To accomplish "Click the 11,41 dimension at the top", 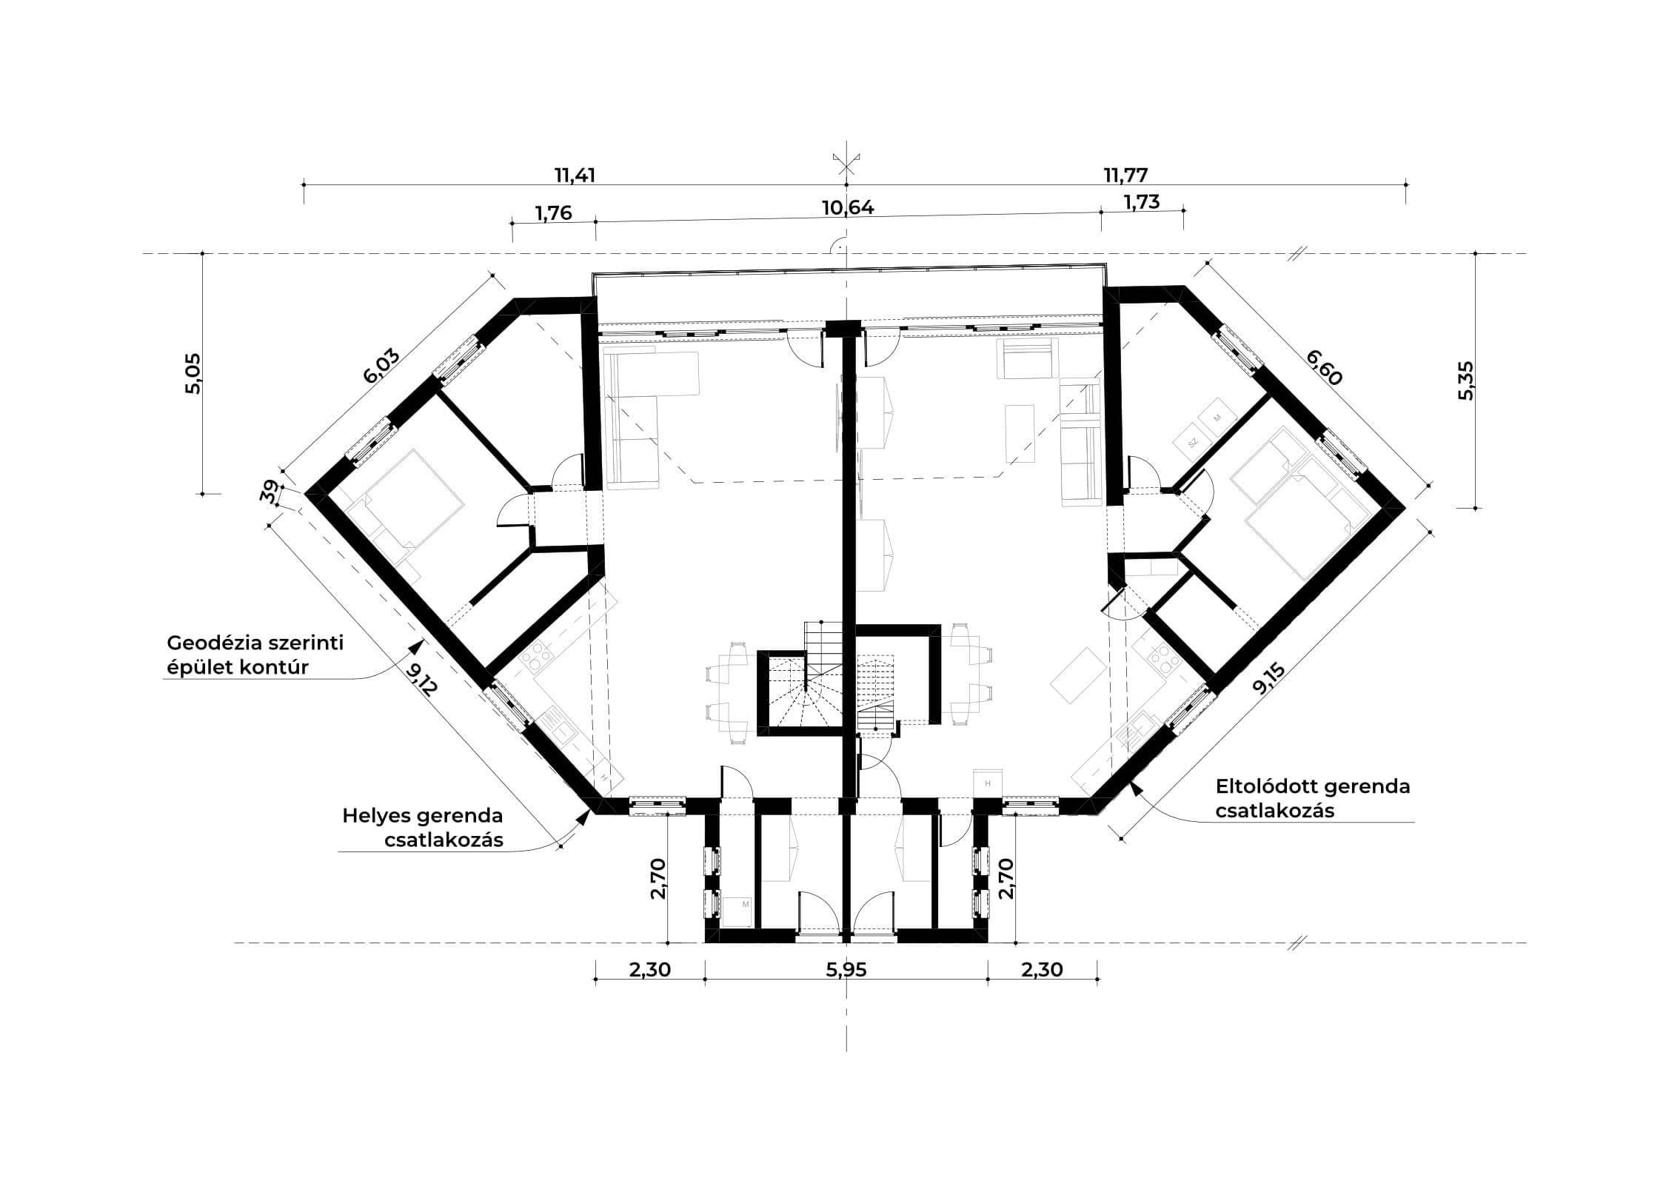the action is (575, 175).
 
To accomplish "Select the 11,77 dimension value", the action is (1125, 175).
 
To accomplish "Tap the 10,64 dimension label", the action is (848, 207).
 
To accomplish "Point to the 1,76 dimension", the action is (554, 213).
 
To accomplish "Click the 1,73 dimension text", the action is (1141, 201).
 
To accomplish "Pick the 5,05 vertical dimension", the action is (193, 374).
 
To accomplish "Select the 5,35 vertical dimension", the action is (1465, 381).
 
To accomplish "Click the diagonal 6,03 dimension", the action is (382, 366).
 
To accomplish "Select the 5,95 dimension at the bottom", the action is (846, 970).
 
